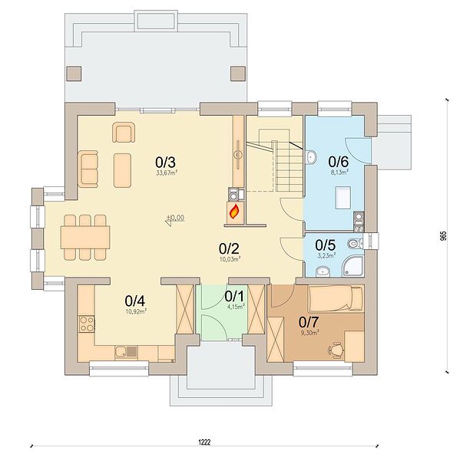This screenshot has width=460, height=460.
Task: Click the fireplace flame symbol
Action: [234, 212]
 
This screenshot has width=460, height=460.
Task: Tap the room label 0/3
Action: [165, 162]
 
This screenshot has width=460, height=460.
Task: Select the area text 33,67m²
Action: [167, 172]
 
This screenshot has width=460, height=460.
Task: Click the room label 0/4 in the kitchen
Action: [134, 301]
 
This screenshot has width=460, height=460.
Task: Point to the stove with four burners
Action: [88, 324]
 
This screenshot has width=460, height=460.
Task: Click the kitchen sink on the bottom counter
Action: [126, 352]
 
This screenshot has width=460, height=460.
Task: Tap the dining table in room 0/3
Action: [85, 237]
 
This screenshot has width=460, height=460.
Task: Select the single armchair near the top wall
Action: [124, 132]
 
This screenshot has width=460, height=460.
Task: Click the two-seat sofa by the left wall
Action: [88, 169]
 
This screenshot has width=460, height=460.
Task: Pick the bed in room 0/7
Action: [336, 299]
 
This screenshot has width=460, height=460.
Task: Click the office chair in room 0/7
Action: [336, 349]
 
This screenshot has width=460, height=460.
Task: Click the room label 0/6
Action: [339, 161]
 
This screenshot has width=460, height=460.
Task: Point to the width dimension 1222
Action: [204, 442]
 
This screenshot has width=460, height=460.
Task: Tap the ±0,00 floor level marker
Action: [176, 218]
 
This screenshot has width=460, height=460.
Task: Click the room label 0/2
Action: [229, 248]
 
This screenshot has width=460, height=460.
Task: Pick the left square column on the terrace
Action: [74, 74]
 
